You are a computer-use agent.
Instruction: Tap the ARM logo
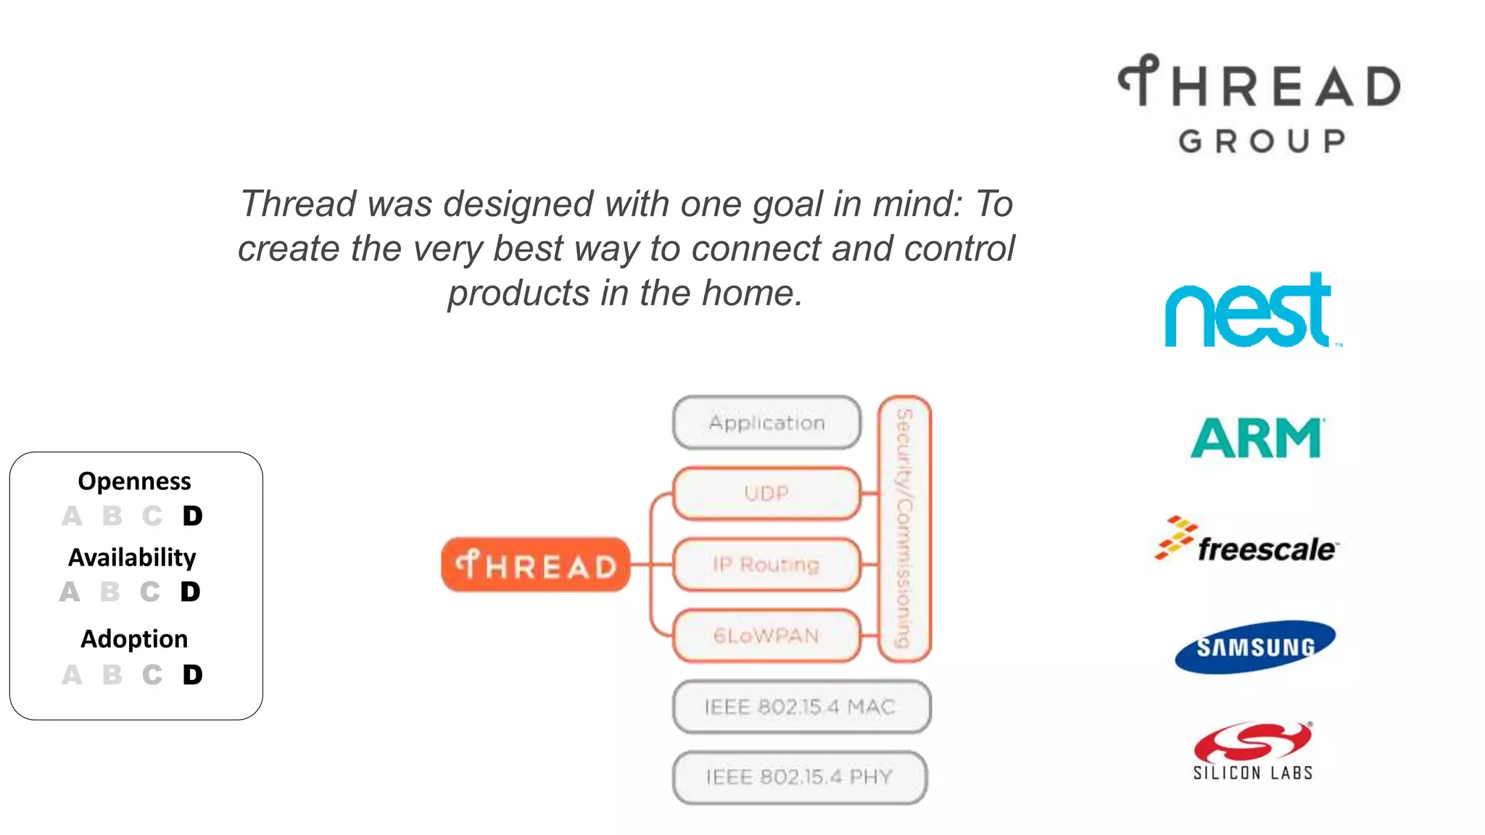[x=1256, y=438]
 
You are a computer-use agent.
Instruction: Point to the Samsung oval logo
[x=1254, y=647]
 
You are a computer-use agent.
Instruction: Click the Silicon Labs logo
[x=1253, y=751]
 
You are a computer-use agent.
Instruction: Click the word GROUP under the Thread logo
[x=1262, y=141]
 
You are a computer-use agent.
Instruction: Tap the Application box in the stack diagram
[x=766, y=423]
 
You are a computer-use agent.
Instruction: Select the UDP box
[x=766, y=494]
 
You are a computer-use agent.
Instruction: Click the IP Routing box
[x=766, y=565]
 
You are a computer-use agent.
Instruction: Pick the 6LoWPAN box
[x=766, y=636]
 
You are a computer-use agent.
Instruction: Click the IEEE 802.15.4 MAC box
[x=801, y=707]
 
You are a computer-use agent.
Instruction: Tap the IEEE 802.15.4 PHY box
[x=799, y=777]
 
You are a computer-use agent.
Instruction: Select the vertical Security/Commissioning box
[x=904, y=528]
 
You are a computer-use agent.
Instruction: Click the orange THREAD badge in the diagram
[x=536, y=565]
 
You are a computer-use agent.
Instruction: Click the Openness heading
[x=134, y=481]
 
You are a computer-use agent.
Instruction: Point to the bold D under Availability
[x=190, y=592]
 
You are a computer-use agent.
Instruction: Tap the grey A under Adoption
[x=71, y=676]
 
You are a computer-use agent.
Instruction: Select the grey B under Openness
[x=112, y=516]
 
